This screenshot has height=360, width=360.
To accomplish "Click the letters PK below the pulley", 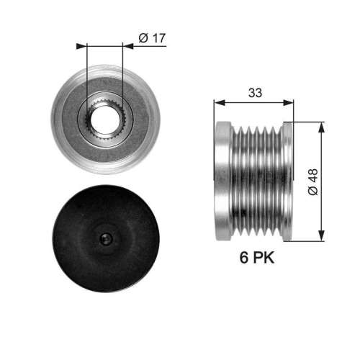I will click(264, 257).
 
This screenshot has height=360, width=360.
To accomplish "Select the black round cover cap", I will click(105, 239).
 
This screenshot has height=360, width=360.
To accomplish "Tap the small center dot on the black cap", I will click(105, 240).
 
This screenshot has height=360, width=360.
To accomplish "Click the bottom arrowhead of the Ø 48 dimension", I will click(320, 235).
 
